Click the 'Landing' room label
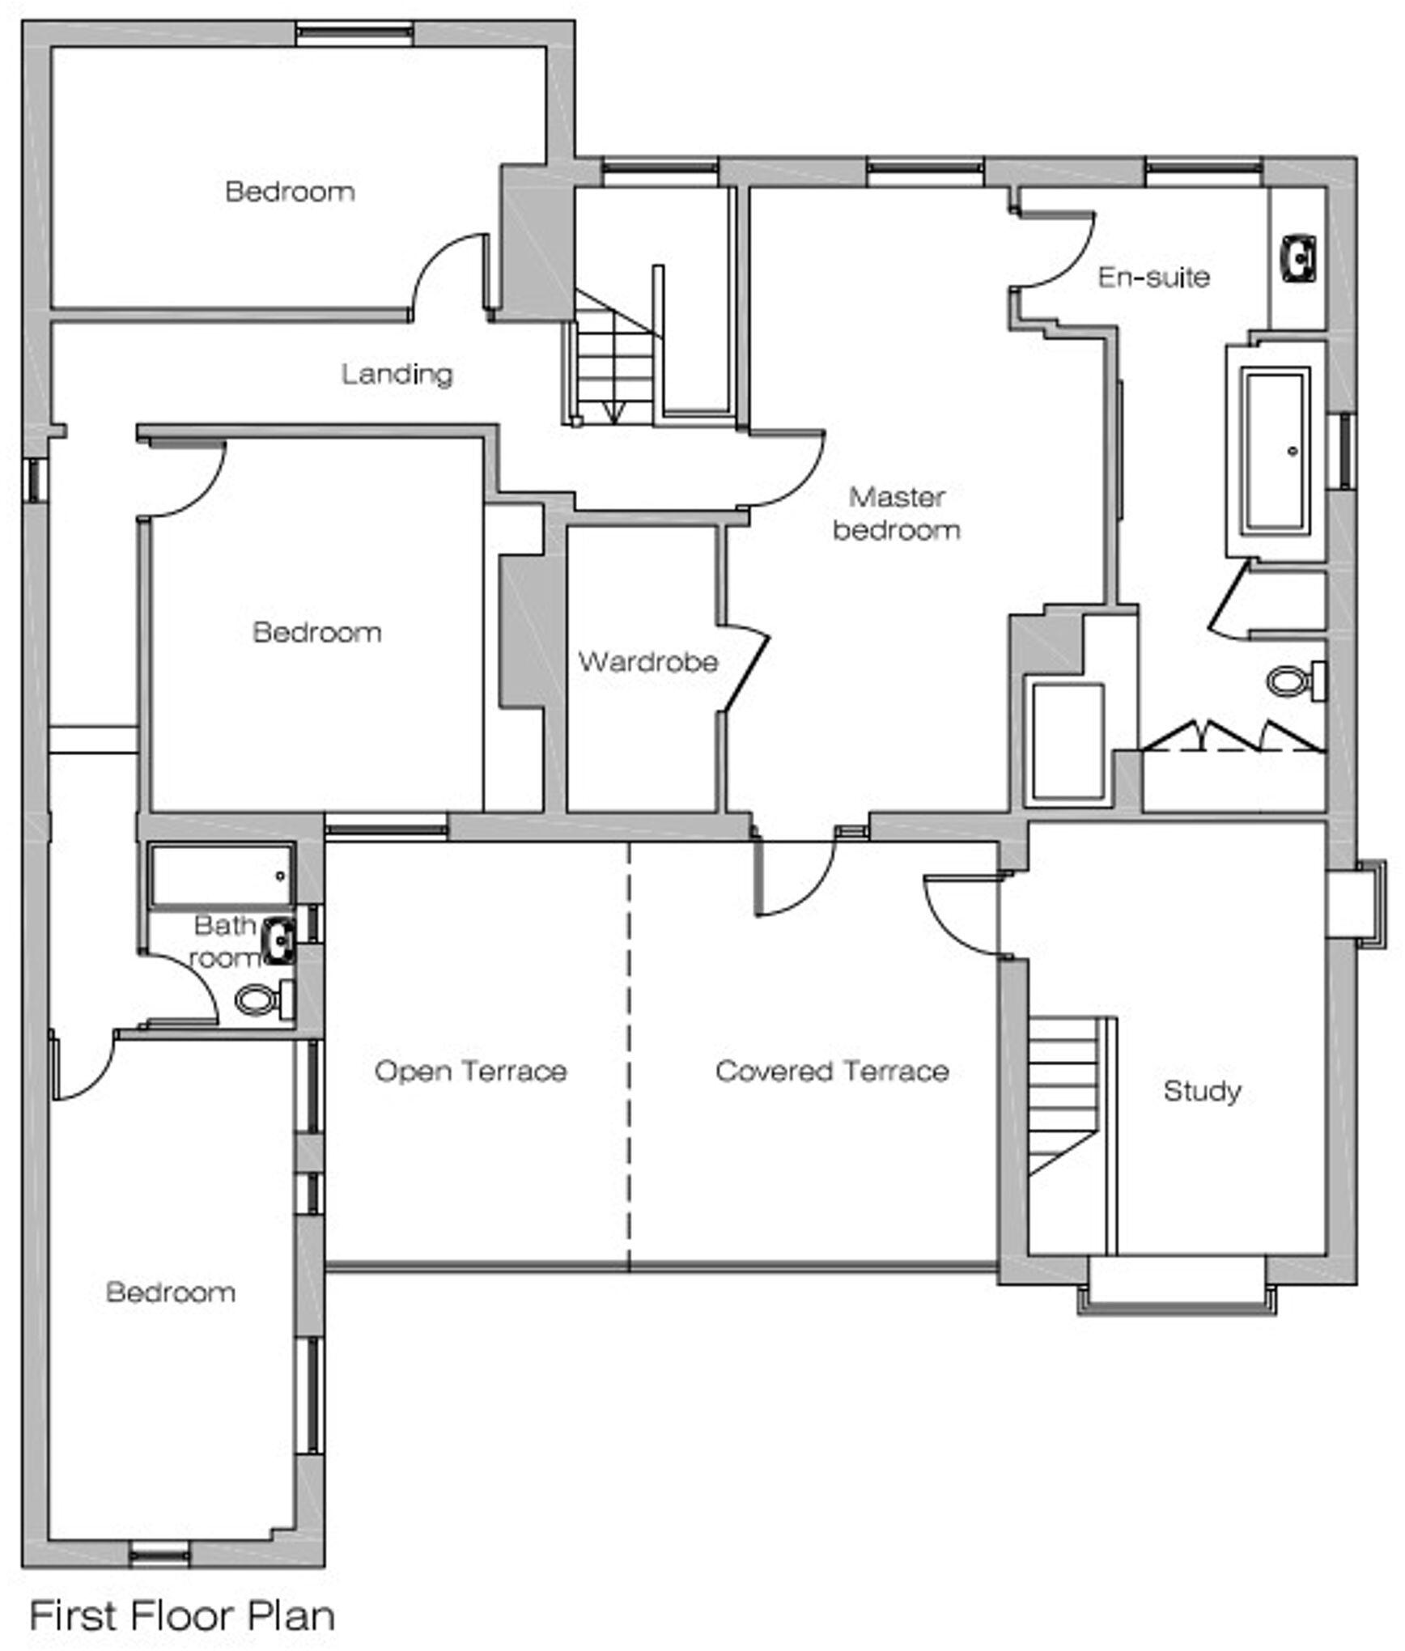[x=397, y=374]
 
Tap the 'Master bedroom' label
[x=897, y=513]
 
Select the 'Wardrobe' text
[x=647, y=661]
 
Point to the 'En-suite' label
[x=1153, y=277]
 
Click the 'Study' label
[x=1202, y=1090]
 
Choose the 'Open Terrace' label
[x=470, y=1071]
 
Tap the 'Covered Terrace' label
[x=832, y=1071]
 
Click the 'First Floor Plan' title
[x=182, y=1615]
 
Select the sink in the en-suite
[x=1299, y=258]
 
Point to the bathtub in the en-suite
[x=1277, y=450]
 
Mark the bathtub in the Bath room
[x=221, y=875]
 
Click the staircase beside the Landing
[x=613, y=364]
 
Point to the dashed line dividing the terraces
[x=629, y=1052]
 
